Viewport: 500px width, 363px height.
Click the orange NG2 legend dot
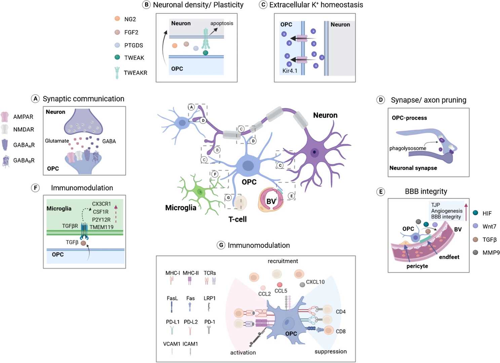tap(117, 18)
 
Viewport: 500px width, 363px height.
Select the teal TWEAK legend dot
tap(117, 57)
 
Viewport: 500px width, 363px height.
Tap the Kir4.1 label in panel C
tap(290, 71)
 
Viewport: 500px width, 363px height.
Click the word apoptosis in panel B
tap(222, 23)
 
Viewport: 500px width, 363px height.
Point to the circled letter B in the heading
tap(146, 5)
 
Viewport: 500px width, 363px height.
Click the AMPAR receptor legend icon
tap(5, 117)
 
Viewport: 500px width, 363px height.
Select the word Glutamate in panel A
tap(57, 141)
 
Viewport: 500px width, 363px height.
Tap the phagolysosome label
tap(408, 148)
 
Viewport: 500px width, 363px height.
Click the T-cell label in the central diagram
tap(237, 219)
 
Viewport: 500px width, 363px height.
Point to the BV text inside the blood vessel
tap(271, 201)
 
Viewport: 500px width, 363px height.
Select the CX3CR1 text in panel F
tap(101, 204)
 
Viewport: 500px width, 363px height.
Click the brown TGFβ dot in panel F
tap(83, 243)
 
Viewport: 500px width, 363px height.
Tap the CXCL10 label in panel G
tap(315, 282)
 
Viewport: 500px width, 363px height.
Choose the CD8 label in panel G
tap(341, 331)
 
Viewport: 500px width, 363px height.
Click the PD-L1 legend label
tap(172, 322)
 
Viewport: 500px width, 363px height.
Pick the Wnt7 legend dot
tap(475, 226)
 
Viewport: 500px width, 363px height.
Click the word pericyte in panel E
tap(417, 266)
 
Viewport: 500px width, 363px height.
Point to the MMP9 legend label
tap(491, 252)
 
